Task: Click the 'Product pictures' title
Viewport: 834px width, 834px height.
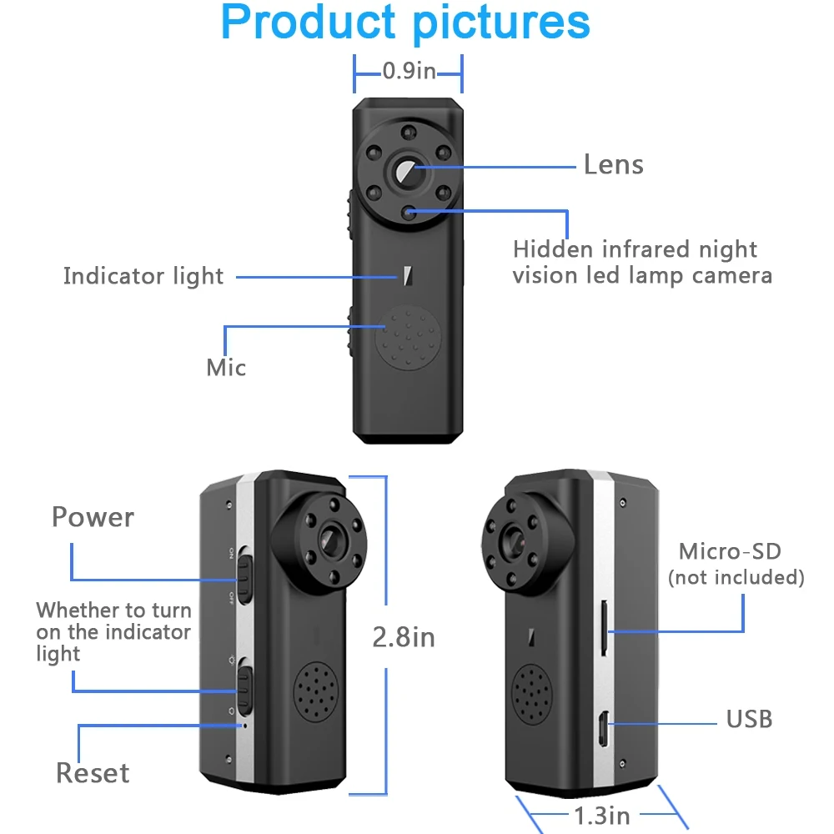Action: coord(405,23)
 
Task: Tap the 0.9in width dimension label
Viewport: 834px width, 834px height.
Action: coord(409,71)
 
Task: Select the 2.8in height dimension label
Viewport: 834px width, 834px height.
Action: coord(404,637)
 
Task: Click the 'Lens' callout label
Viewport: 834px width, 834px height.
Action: coord(614,164)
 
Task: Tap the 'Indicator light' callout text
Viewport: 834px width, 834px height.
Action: coord(143,277)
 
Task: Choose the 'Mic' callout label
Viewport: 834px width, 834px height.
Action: coord(226,368)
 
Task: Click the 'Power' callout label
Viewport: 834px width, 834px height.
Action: coord(93,517)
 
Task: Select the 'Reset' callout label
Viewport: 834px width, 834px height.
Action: coord(93,773)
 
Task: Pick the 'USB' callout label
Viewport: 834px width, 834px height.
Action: coord(750,719)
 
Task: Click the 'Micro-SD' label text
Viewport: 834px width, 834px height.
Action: coord(730,551)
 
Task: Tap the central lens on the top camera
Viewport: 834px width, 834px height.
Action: coord(408,171)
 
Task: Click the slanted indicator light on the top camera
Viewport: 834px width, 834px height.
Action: coord(408,275)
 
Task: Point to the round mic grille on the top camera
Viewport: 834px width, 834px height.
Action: coord(408,337)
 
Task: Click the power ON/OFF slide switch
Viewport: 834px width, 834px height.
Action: coord(244,575)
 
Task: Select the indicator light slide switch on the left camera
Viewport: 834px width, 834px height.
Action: coord(244,686)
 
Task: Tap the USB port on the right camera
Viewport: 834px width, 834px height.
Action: coord(603,729)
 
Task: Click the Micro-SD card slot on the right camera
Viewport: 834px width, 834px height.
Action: coord(604,628)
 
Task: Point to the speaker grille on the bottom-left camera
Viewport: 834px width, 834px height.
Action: coord(316,692)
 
